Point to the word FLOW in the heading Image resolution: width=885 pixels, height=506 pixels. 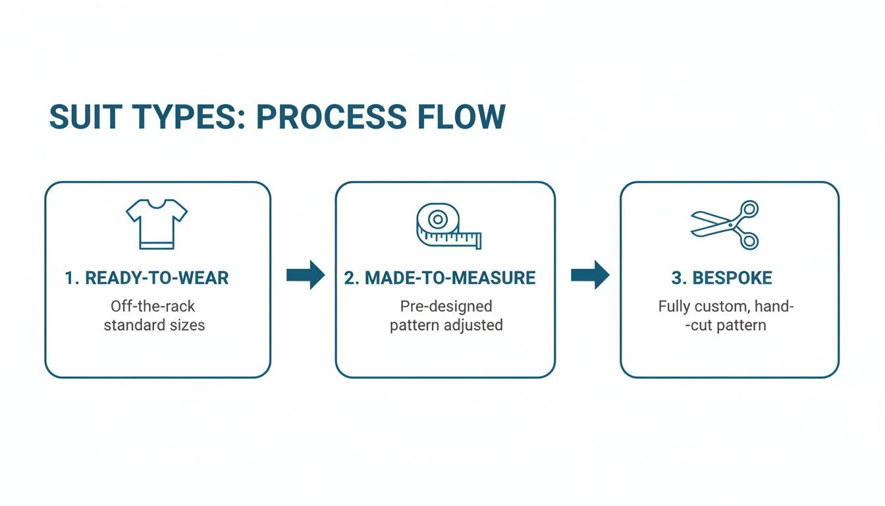coord(464,117)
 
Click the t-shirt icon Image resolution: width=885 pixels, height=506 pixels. coord(157,224)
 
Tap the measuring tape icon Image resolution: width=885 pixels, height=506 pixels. coord(448,226)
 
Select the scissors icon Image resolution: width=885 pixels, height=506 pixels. coord(726,225)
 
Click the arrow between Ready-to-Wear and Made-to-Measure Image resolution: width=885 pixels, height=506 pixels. coord(306,275)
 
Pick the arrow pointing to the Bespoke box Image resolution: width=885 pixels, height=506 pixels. coord(590,275)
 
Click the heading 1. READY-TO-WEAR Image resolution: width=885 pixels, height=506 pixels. coord(147,278)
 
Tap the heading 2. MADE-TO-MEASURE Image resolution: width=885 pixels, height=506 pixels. coord(440,278)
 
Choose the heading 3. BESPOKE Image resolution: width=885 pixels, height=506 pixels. coord(722,278)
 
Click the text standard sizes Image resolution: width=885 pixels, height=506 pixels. coord(154,325)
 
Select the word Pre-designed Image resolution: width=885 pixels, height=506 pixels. coord(446,306)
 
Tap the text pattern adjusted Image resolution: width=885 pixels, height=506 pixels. coord(446,325)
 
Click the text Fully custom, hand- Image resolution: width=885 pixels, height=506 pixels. coord(726,306)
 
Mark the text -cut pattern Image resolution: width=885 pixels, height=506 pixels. coord(726,325)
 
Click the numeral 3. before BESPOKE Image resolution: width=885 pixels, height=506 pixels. coord(679,278)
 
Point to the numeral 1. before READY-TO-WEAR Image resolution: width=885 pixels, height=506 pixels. coord(72,278)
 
